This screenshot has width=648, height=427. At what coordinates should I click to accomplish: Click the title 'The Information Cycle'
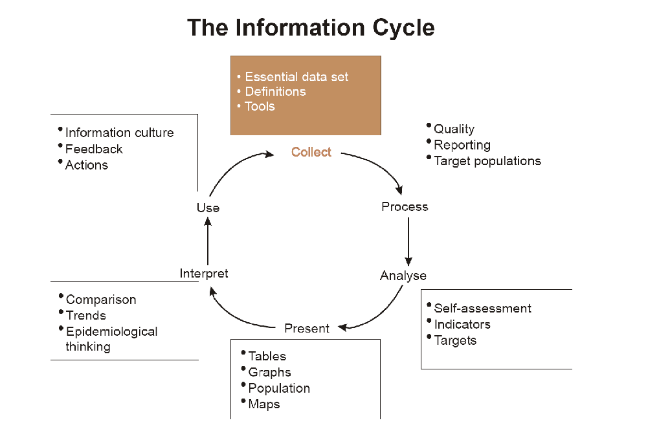311,28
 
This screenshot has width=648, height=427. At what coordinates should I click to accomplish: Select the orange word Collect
311,152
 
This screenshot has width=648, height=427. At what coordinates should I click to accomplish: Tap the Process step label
405,207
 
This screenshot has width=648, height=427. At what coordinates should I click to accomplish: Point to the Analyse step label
403,276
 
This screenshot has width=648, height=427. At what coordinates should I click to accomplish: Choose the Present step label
307,329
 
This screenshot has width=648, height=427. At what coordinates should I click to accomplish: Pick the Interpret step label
204,274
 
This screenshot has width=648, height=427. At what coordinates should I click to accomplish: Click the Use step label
208,208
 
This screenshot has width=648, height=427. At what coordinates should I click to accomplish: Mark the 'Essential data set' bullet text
296,77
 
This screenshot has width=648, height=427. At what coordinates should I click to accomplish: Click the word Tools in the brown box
260,107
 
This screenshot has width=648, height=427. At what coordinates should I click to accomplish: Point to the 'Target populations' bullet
487,161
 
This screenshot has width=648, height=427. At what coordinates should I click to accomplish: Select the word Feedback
94,149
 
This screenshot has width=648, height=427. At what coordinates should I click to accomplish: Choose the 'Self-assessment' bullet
482,309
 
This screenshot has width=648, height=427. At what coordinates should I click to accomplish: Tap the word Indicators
462,325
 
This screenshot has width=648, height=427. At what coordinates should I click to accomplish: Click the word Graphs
269,372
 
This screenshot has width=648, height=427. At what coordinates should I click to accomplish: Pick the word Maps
264,404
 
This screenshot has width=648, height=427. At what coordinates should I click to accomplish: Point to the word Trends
86,316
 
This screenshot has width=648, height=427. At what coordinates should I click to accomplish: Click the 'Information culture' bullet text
120,133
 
